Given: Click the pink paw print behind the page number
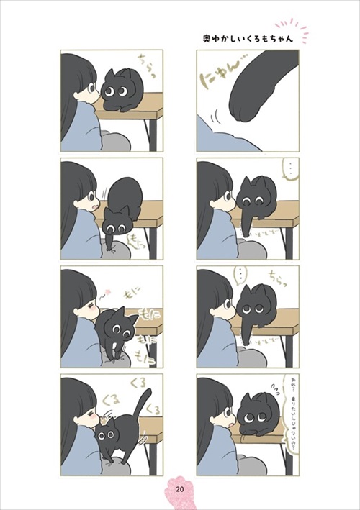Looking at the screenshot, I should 180,486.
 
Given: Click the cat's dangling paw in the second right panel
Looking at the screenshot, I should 248,222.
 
